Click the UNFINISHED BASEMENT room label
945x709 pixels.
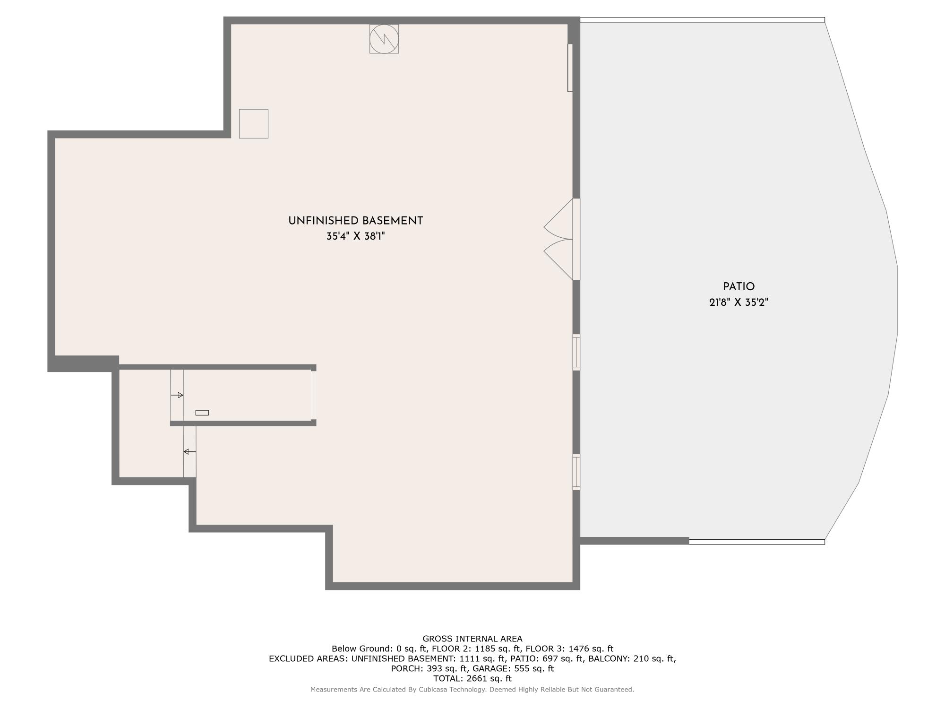coord(355,221)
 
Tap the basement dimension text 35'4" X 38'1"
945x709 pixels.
coord(355,236)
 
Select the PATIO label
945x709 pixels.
coord(739,286)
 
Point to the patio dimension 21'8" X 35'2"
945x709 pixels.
coord(739,302)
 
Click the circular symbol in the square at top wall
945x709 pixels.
coord(384,39)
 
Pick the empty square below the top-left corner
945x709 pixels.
coord(253,124)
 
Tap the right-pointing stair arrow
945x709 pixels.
coord(177,395)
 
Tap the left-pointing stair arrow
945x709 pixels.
coord(189,452)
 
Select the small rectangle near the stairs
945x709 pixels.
coord(202,413)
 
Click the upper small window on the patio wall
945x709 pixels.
coord(576,352)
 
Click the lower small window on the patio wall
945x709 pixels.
coord(576,472)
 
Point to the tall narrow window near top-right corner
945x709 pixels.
coord(570,68)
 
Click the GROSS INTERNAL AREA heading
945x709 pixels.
coord(472,639)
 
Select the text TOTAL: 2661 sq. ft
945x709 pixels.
coord(472,678)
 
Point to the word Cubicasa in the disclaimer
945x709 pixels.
coord(433,690)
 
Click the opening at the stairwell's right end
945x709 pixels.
coord(313,395)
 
